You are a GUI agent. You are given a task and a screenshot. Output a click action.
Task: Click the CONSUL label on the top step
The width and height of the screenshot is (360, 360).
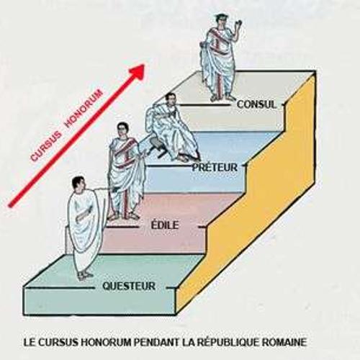(256, 104)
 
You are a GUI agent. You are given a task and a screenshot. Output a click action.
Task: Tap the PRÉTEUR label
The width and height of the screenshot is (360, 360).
(215, 167)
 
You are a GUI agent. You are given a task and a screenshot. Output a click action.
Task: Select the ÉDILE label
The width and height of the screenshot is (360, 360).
(165, 225)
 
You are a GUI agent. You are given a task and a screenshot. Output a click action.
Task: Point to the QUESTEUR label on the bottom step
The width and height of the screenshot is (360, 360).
(129, 286)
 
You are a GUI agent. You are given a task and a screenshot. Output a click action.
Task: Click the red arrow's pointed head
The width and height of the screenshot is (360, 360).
(138, 71)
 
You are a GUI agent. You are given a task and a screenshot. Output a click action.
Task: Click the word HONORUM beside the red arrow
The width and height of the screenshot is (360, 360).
(84, 109)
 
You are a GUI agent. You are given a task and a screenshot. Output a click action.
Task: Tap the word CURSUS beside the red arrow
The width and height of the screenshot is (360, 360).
(46, 146)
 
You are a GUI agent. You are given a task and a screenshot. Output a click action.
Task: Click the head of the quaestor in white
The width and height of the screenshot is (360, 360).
(78, 184)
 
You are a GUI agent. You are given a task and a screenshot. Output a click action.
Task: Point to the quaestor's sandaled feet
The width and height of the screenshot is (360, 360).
(84, 276)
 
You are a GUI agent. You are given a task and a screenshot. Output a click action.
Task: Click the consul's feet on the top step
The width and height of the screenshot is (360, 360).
(222, 97)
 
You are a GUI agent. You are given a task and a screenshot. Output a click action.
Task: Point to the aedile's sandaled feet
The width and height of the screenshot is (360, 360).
(123, 216)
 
